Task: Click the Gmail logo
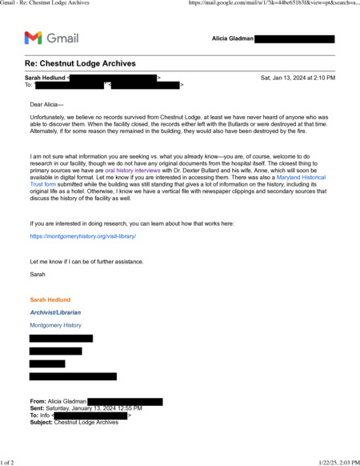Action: [51, 38]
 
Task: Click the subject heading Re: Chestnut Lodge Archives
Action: [80, 63]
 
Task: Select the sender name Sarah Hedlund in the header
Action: [46, 78]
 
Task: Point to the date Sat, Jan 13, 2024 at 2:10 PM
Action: [298, 78]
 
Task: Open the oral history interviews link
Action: [133, 171]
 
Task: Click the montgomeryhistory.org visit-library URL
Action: [83, 237]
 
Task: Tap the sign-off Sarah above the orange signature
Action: [38, 274]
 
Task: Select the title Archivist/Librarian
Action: [55, 312]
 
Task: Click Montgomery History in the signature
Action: [55, 326]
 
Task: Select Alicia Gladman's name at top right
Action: [232, 38]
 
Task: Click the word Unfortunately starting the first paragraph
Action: [50, 117]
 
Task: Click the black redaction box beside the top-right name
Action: [294, 38]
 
